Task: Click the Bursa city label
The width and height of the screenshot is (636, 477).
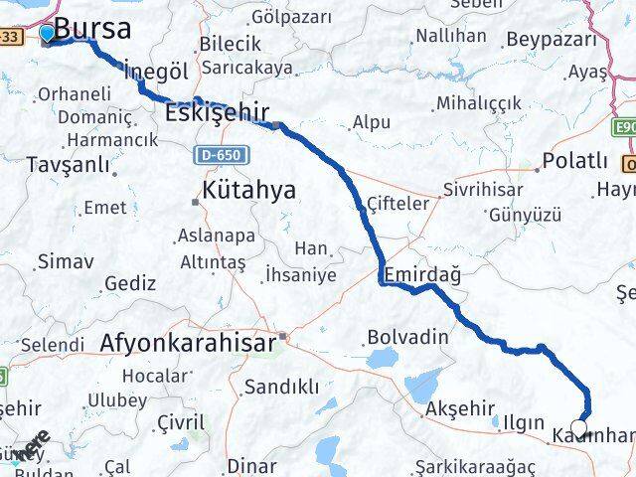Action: click(x=93, y=28)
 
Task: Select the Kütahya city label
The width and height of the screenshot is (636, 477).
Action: click(x=248, y=190)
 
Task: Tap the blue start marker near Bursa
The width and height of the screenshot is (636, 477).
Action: click(x=47, y=34)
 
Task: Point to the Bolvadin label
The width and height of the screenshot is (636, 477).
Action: click(x=407, y=336)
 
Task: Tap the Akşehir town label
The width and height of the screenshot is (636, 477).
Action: click(x=459, y=408)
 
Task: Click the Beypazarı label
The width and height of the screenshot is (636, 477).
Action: click(x=553, y=39)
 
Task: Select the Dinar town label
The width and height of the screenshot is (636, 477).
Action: click(x=252, y=465)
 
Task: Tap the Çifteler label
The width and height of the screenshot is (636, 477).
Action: click(x=397, y=203)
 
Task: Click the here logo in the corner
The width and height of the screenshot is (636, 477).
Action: click(x=32, y=444)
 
